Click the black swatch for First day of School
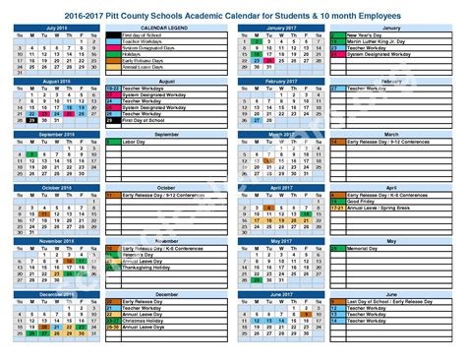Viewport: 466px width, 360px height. coord(111,36)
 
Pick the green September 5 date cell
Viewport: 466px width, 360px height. coord(32,154)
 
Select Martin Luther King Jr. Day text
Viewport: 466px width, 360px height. coord(374,43)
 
